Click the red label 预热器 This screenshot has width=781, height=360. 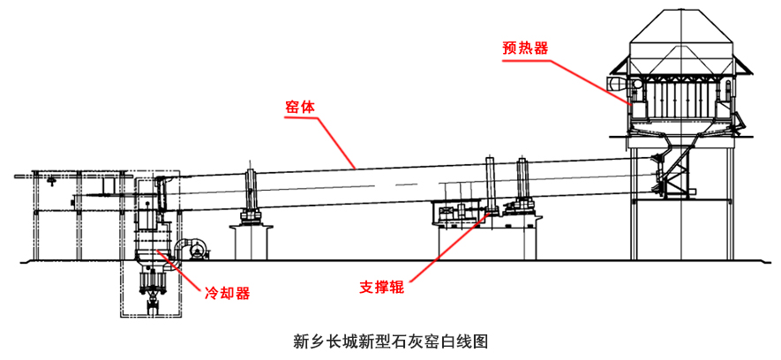(525, 49)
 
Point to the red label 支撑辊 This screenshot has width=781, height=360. (383, 287)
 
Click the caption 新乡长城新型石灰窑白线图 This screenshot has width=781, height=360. (390, 339)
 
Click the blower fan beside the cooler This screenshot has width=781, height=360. (191, 248)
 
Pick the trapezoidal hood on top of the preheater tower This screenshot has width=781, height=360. (685, 31)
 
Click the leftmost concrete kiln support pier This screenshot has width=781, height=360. (251, 241)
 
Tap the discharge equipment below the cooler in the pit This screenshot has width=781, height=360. (155, 287)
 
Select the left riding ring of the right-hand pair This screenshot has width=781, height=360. (490, 184)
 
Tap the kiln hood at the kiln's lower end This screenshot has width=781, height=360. (160, 199)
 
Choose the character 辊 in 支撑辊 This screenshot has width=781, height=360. (397, 287)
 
